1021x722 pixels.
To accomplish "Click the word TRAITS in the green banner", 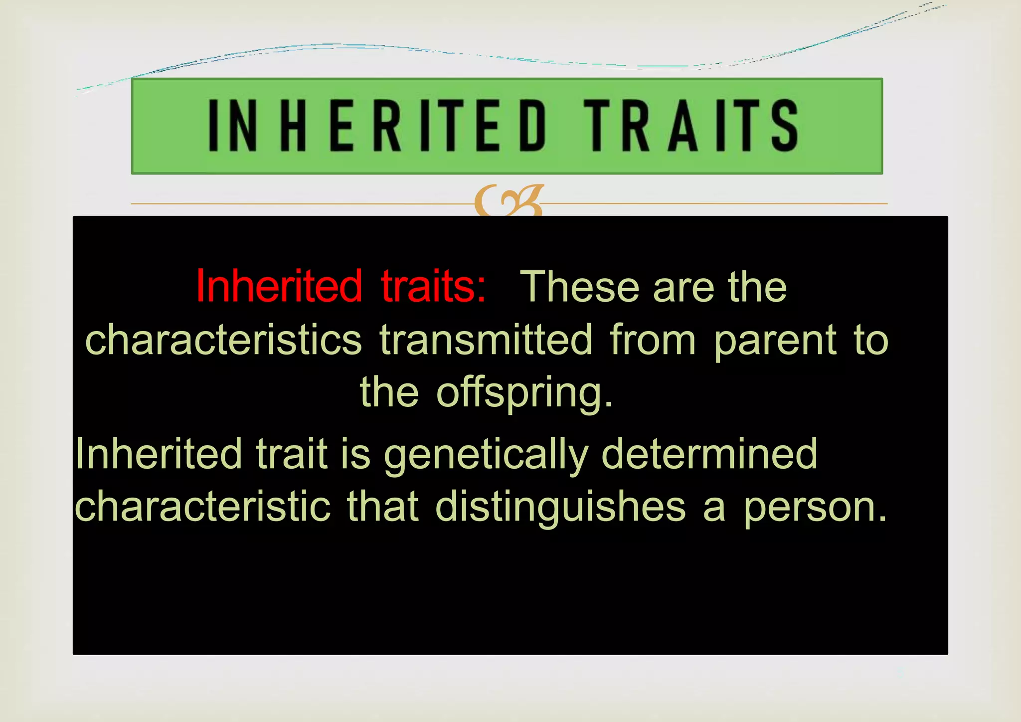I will click(691, 125).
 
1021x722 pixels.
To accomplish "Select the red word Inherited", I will click(279, 286).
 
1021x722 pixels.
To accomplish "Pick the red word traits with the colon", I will click(433, 286).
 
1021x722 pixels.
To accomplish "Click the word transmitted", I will click(486, 340).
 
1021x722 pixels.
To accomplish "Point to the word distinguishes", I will click(560, 508).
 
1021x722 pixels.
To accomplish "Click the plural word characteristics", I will click(223, 340).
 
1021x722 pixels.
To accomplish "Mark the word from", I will click(653, 340).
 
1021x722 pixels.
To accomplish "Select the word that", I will click(382, 507).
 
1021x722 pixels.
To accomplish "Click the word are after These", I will click(683, 288).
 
